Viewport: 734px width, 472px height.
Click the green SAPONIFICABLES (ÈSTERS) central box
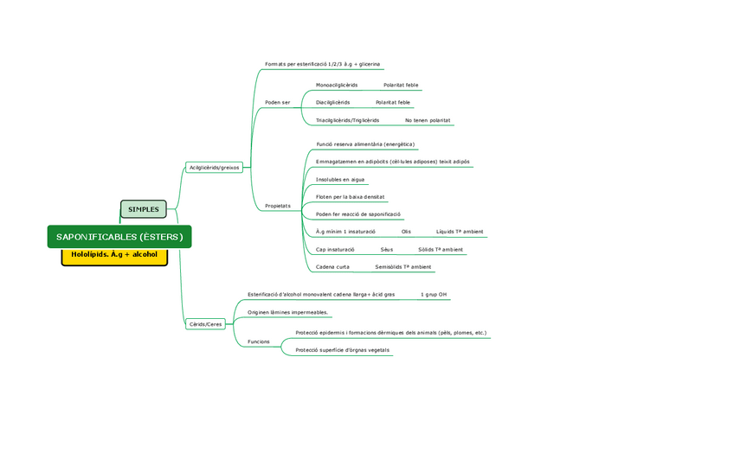pyautogui.click(x=119, y=237)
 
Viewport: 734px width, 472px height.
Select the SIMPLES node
pyautogui.click(x=143, y=209)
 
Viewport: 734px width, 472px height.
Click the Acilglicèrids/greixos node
pyautogui.click(x=214, y=167)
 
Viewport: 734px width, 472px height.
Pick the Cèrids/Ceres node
pyautogui.click(x=205, y=324)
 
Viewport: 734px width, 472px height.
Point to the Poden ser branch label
pyautogui.click(x=277, y=103)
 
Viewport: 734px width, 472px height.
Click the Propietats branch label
pyautogui.click(x=278, y=206)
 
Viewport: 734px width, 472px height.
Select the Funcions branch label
pyautogui.click(x=259, y=341)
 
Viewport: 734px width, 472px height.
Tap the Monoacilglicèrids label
pyautogui.click(x=337, y=85)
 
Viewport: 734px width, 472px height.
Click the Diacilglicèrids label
pyautogui.click(x=332, y=103)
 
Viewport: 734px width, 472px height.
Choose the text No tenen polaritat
pyautogui.click(x=428, y=120)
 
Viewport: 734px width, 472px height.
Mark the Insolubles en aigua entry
pyautogui.click(x=340, y=180)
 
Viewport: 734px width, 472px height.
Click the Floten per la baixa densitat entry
pyautogui.click(x=350, y=197)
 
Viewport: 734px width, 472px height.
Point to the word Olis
pyautogui.click(x=406, y=232)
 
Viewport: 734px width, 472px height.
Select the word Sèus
pyautogui.click(x=386, y=249)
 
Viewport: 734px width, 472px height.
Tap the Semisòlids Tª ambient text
pyautogui.click(x=403, y=267)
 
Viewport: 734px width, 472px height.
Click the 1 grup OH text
pyautogui.click(x=434, y=295)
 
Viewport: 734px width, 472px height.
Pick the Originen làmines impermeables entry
pyautogui.click(x=288, y=312)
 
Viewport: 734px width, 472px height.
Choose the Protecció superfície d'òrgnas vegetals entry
pyautogui.click(x=342, y=350)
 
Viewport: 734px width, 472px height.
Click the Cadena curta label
pyautogui.click(x=332, y=267)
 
